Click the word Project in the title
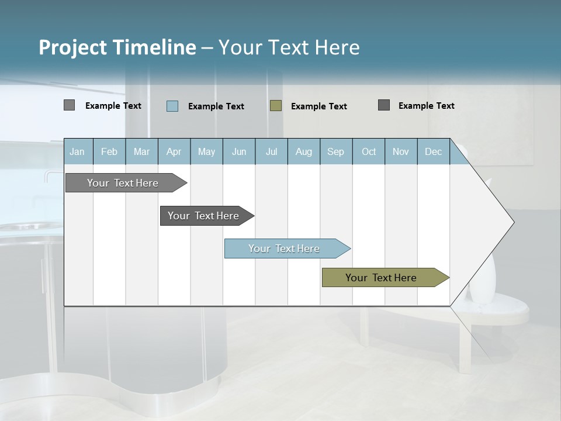tap(72, 47)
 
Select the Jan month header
tap(77, 151)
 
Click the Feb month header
tap(109, 151)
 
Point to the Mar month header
tap(141, 151)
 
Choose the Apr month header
tap(174, 151)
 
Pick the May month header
tap(206, 151)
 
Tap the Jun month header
tap(239, 151)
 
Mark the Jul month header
tap(271, 151)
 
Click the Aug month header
tap(304, 151)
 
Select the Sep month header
tap(336, 151)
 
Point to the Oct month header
tap(369, 151)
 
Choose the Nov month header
tap(401, 151)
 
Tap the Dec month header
tap(434, 151)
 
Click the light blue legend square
tap(172, 106)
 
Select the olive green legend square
tap(276, 106)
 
